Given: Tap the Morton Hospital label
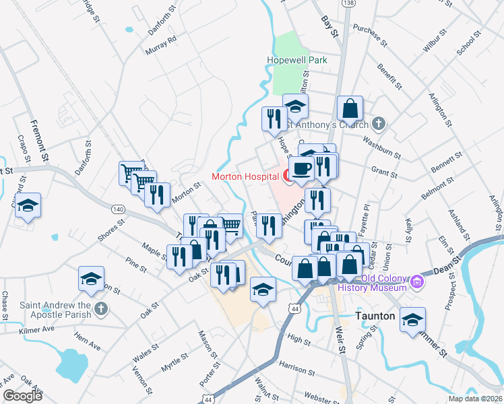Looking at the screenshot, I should [245, 177].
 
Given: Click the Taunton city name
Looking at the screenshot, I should [377, 316].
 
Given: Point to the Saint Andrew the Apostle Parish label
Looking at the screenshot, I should [55, 309].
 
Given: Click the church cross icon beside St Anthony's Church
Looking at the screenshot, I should [379, 124].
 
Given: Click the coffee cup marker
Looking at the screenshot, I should [301, 168].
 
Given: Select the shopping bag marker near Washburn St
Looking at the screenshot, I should [350, 108].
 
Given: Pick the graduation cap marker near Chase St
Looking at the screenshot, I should [28, 205].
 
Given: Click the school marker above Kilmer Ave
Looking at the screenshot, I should [92, 279].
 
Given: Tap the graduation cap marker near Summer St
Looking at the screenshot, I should [412, 319].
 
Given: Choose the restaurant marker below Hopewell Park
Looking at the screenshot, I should [274, 119].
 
